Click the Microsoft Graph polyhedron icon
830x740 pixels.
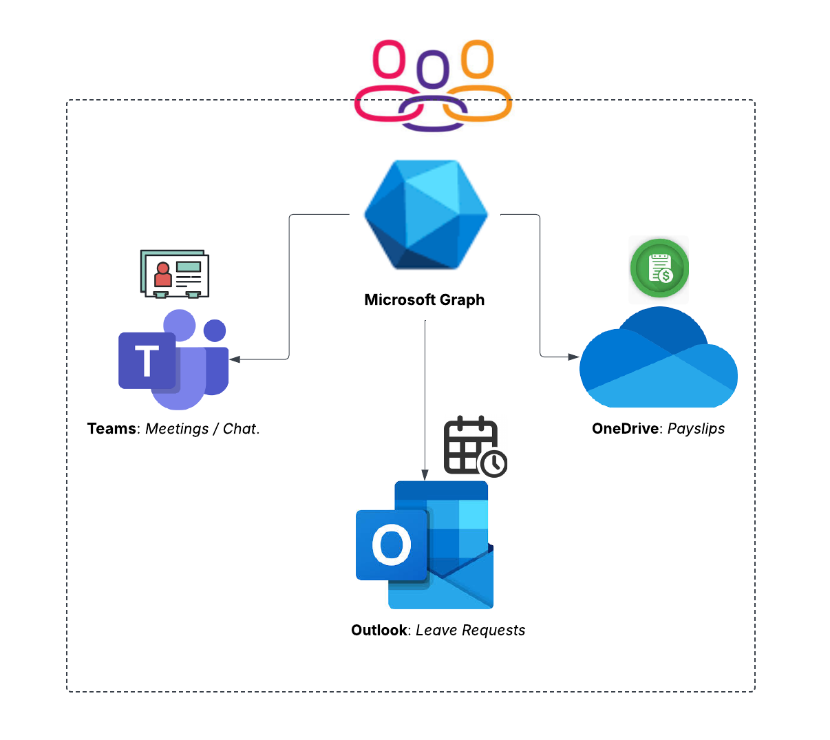(x=426, y=214)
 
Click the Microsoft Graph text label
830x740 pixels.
(x=424, y=300)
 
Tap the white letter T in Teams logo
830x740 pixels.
(x=147, y=361)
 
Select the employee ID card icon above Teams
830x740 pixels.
(x=175, y=274)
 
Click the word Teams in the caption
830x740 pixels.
(x=111, y=429)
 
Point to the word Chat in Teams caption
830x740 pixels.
(x=240, y=429)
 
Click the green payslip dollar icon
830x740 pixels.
(x=659, y=268)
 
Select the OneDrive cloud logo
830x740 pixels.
(x=659, y=361)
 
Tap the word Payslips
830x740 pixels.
(x=696, y=429)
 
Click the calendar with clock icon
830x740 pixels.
(x=475, y=447)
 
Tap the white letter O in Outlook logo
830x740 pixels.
(x=392, y=545)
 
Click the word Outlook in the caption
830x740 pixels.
(x=379, y=631)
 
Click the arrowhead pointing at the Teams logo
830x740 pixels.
(x=235, y=359)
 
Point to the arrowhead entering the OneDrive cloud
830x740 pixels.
(x=574, y=357)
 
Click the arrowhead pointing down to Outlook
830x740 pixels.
(x=425, y=475)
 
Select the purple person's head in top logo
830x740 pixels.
(x=434, y=69)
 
